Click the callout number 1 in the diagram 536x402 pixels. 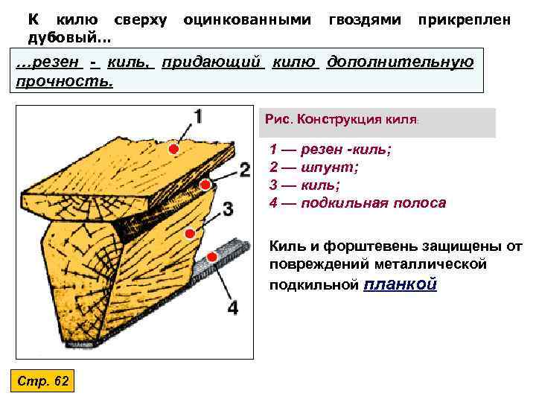coord(198,117)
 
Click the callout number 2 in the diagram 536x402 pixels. coord(244,169)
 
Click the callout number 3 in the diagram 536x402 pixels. coord(228,208)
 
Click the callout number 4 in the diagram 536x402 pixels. coord(233,307)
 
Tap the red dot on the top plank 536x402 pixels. coord(173,150)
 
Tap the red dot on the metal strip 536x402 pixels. coord(212,257)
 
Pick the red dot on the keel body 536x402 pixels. coord(190,233)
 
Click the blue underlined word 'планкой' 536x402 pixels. coord(401,284)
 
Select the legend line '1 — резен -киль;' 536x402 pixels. coord(331,150)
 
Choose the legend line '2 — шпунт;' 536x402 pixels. coord(313,167)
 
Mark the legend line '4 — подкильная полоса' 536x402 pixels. coord(358,203)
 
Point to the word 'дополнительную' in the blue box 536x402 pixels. coord(401,61)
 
